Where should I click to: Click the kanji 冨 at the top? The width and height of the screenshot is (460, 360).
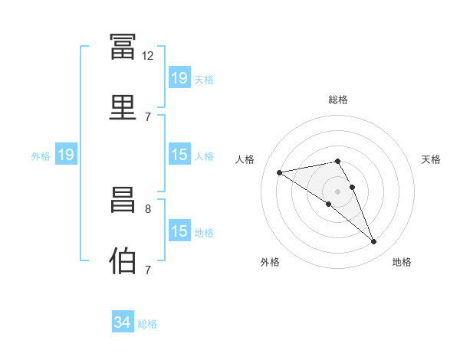pos(123,46)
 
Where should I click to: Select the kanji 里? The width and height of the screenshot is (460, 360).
pos(123,107)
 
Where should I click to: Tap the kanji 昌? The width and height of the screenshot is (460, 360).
pos(123,200)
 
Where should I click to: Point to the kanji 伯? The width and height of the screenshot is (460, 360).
pos(123,260)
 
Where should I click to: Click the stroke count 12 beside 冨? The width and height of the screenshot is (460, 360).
pos(147,56)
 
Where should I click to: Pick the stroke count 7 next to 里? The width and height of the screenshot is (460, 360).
pos(148,117)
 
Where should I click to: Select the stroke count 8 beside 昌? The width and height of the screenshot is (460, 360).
pos(148,209)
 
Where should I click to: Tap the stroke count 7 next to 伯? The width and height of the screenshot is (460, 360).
pos(148,270)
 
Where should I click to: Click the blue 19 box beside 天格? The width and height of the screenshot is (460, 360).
pos(179,77)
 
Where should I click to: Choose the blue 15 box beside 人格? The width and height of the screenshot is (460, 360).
pos(179,154)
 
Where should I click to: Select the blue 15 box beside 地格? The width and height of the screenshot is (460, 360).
pos(179,230)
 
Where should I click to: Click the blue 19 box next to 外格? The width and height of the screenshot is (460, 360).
pos(66,154)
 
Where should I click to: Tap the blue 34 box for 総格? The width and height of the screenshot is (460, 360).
pos(123,321)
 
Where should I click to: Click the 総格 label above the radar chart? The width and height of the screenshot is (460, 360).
pos(338,100)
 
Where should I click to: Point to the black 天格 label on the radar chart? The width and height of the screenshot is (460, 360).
pos(431,159)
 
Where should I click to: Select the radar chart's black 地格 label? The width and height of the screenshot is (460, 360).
pos(402,262)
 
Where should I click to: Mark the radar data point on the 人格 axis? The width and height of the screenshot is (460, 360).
pos(279,172)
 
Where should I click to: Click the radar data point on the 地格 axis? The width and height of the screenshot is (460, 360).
pos(374,242)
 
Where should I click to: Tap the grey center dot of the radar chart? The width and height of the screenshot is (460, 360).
pos(337,191)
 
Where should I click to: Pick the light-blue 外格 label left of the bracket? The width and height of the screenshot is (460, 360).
pos(41,156)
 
